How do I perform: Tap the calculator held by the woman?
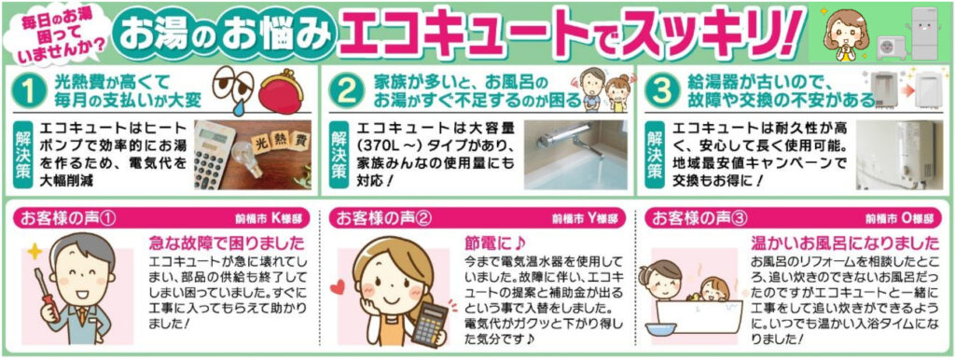click(x=428, y=322)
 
